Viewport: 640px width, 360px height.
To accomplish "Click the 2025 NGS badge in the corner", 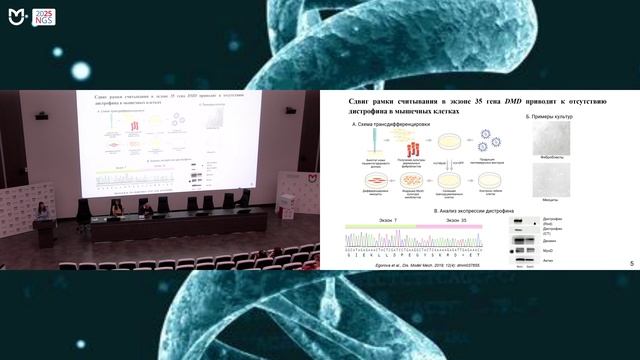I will (x=41, y=17).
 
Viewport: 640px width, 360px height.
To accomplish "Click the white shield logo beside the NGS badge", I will (x=14, y=16).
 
